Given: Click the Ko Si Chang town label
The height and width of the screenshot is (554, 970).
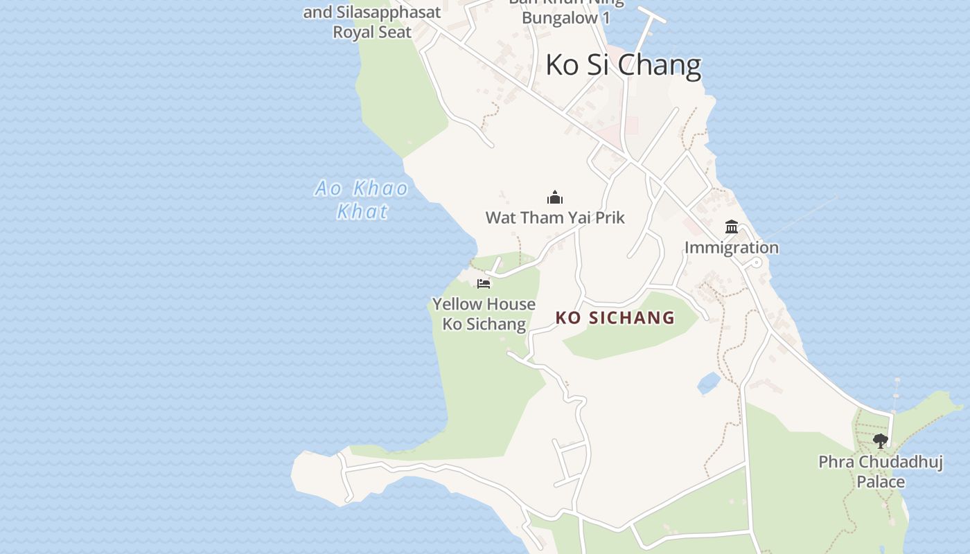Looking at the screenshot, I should (623, 65).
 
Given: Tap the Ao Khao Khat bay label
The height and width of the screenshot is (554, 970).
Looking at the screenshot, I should (362, 199).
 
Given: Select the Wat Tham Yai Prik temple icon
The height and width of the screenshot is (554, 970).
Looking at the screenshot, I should (555, 198).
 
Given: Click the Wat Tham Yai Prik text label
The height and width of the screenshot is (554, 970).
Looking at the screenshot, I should (555, 218).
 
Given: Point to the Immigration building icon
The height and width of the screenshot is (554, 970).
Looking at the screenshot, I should (732, 226).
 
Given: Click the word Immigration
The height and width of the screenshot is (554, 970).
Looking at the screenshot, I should (732, 247).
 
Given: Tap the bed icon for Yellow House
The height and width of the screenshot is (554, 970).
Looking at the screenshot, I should (484, 283).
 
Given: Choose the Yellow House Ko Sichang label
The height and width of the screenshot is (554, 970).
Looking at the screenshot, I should (484, 314).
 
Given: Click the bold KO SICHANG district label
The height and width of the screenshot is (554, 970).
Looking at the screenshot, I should (615, 318).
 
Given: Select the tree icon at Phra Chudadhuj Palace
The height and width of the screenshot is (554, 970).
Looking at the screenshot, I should (881, 440).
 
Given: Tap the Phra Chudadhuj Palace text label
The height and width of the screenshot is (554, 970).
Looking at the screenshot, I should (881, 471).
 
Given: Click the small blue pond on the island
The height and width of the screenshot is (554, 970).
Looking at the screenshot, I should (709, 382).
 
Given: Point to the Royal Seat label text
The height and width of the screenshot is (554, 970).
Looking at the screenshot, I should (372, 32).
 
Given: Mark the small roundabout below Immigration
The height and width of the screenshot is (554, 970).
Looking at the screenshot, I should (757, 263).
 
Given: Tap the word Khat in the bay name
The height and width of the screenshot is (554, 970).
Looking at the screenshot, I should (362, 211).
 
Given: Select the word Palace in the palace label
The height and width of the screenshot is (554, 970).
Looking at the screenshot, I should (881, 481).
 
